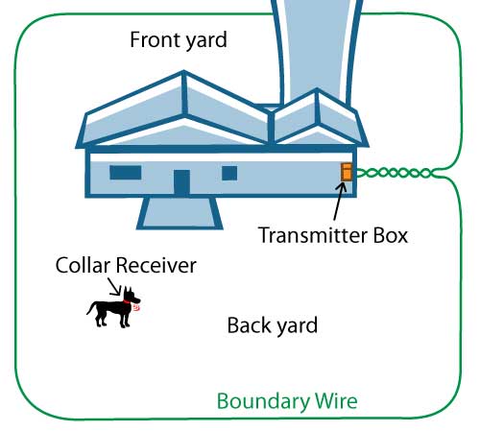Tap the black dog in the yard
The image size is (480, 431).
(x=111, y=309)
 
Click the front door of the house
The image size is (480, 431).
(x=181, y=182)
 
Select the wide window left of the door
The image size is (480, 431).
(x=125, y=173)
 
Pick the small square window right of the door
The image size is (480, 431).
(x=229, y=173)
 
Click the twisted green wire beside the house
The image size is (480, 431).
(x=394, y=174)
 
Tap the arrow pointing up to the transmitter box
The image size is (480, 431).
(x=338, y=202)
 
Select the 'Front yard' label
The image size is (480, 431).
(x=178, y=40)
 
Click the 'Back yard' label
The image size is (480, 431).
(x=272, y=325)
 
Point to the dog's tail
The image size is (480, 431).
(x=91, y=307)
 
